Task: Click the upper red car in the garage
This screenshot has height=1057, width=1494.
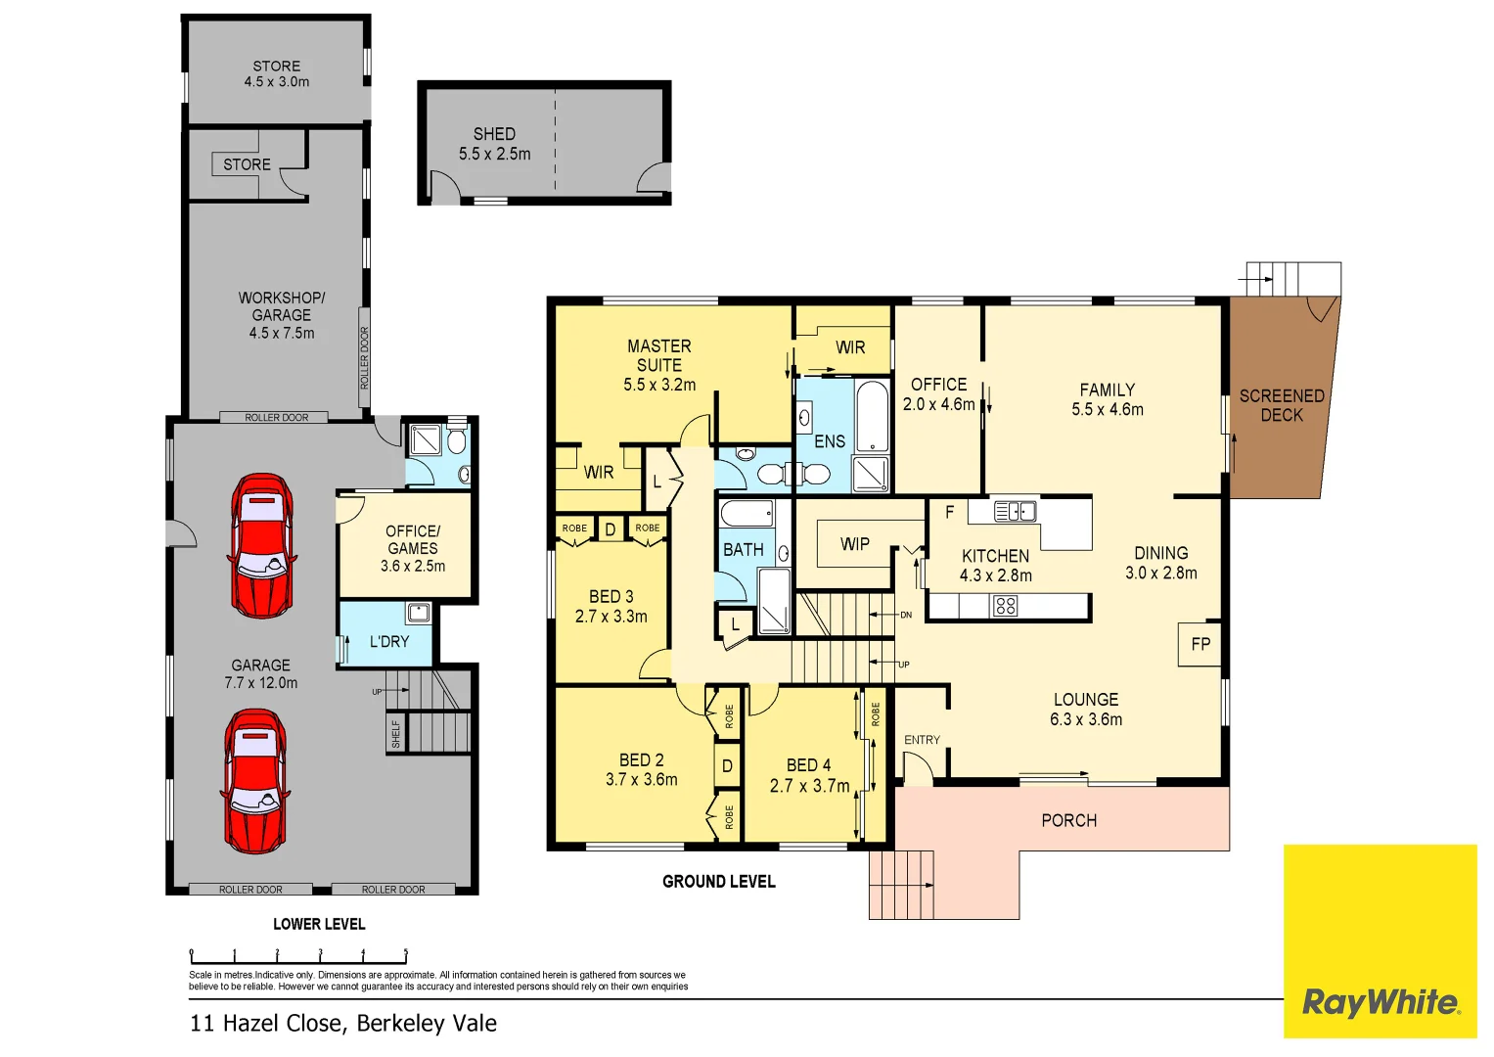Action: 261,545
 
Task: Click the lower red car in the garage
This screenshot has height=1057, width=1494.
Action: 255,780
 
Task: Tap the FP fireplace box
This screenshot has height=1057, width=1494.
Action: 1200,644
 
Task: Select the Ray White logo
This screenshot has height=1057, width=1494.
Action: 1380,1002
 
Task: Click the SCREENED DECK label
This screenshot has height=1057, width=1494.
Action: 1281,405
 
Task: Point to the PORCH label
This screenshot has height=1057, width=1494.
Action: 1068,820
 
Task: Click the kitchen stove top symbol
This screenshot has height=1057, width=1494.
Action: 1005,606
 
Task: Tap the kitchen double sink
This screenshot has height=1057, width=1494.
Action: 1015,511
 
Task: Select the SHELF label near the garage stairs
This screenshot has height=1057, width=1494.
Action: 396,733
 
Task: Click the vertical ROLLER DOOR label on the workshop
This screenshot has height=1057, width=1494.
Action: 365,358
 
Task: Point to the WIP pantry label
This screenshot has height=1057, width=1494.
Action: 854,544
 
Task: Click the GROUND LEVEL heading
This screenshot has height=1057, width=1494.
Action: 718,882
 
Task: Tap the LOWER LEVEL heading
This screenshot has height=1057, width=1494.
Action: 319,924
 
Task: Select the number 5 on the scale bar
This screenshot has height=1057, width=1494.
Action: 405,951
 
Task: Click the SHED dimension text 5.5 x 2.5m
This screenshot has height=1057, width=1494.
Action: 494,155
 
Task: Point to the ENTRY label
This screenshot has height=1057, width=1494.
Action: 922,740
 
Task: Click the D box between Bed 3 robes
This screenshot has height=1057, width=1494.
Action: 611,529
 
